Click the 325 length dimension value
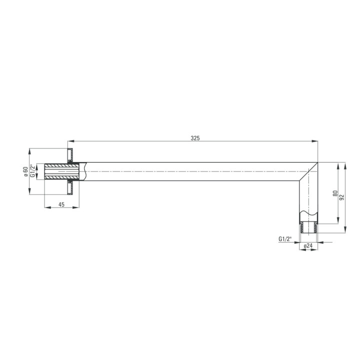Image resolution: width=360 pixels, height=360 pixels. pyautogui.click(x=195, y=138)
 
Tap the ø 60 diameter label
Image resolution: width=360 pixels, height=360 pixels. pyautogui.click(x=25, y=171)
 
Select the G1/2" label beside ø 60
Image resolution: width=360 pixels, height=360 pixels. pyautogui.click(x=33, y=171)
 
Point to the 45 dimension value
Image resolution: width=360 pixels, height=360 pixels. pyautogui.click(x=61, y=204)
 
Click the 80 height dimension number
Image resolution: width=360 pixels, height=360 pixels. pyautogui.click(x=335, y=193)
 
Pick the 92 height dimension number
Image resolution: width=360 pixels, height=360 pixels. pyautogui.click(x=342, y=197)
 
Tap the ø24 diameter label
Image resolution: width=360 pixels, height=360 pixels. pyautogui.click(x=308, y=245)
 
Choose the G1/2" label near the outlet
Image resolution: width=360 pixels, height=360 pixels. pyautogui.click(x=285, y=239)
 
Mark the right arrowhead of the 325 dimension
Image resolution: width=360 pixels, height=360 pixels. pyautogui.click(x=315, y=141)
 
